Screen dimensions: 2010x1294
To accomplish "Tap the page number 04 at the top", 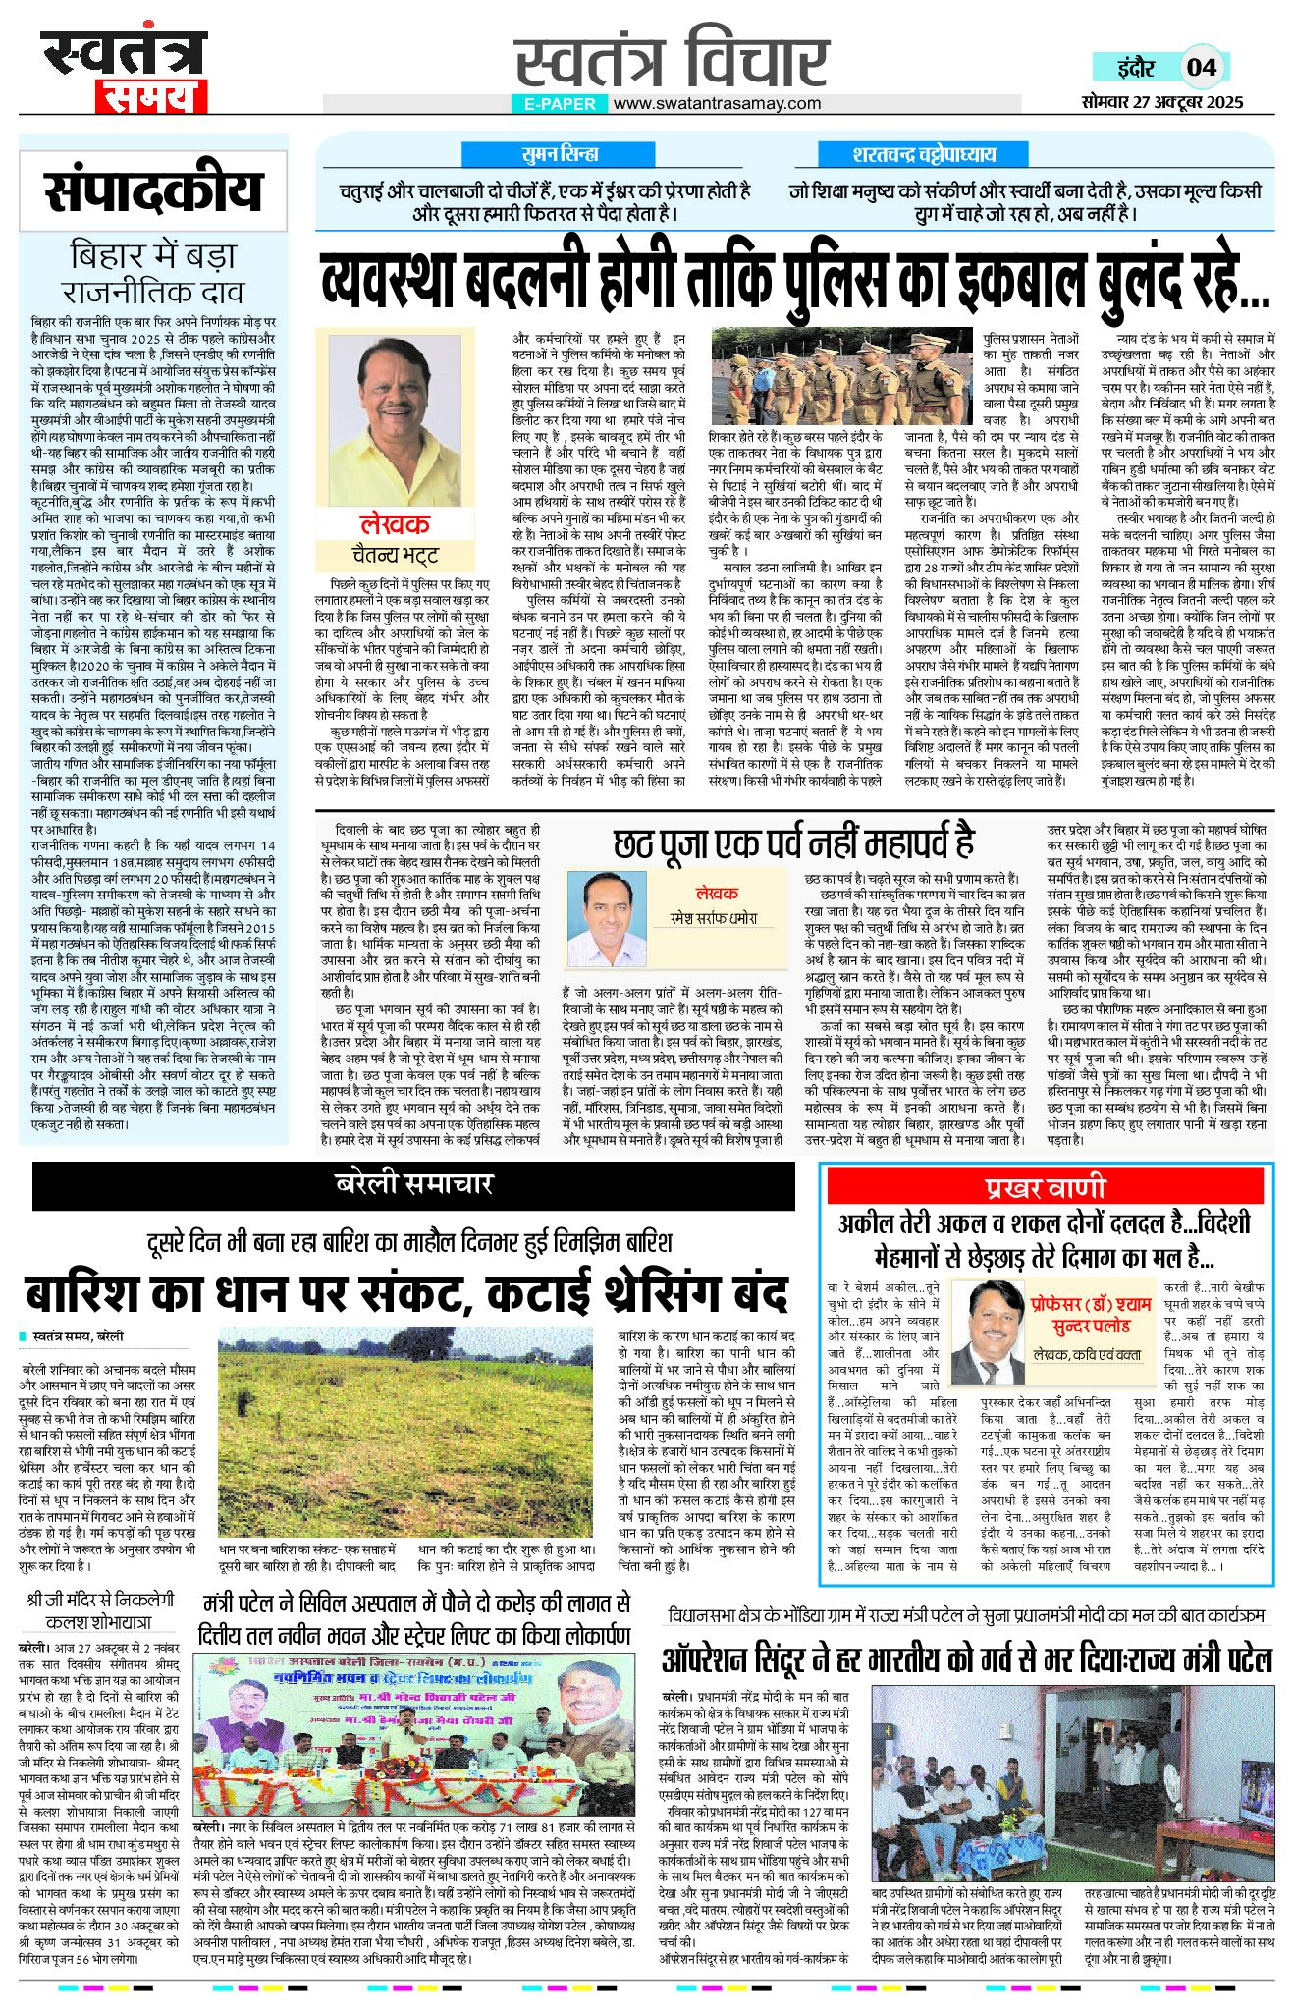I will (x=1202, y=67).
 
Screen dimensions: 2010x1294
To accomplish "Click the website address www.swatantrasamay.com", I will (x=718, y=103).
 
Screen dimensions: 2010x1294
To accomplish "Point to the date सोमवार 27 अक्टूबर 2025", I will (x=1162, y=101).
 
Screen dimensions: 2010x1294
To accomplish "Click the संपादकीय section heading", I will (x=153, y=190).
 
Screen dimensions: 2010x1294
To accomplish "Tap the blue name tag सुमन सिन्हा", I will (x=561, y=154).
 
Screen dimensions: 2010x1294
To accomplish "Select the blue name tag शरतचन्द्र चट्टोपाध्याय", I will (x=924, y=154).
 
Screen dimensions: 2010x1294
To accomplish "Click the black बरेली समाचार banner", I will (x=413, y=1184).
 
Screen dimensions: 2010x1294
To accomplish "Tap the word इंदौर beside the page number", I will (x=1135, y=68).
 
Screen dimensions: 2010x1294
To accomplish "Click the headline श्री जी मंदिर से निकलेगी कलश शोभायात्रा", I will (x=98, y=1609).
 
